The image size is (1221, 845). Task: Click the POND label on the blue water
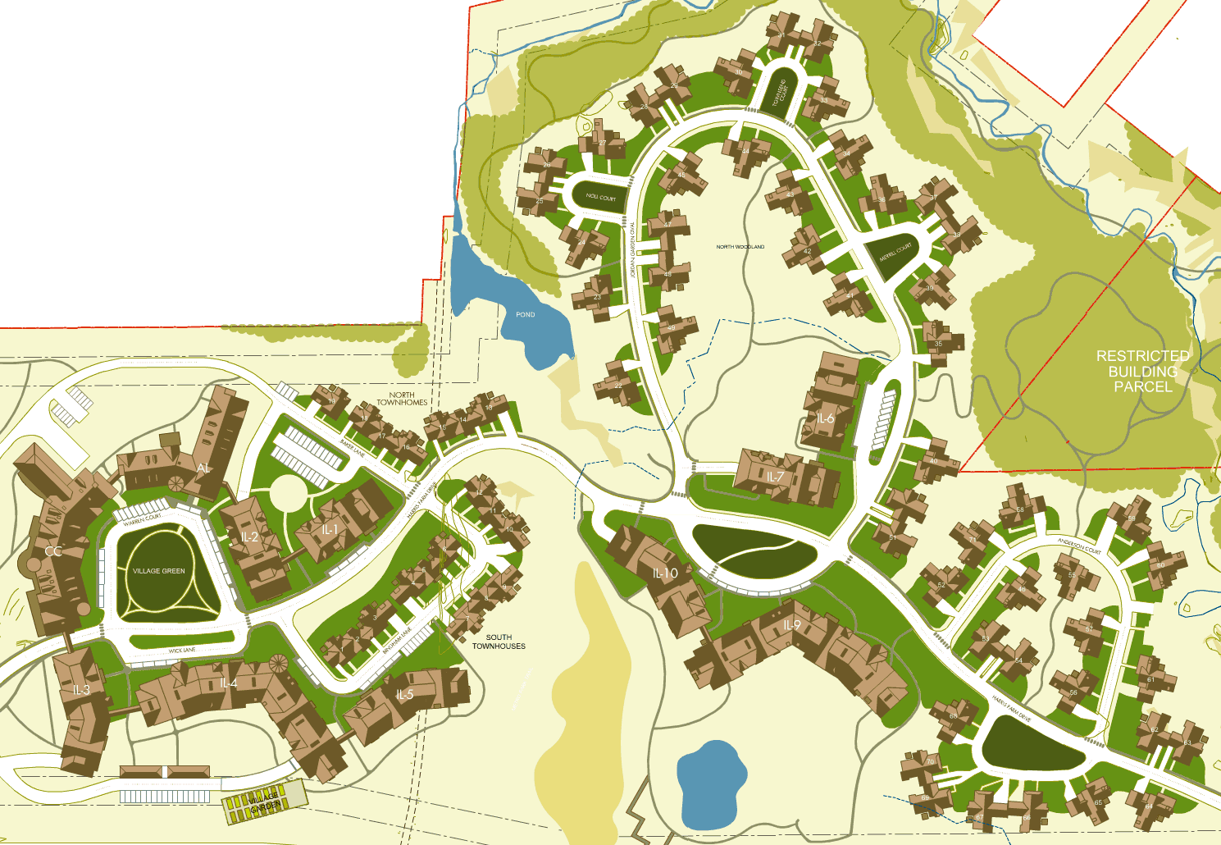(526, 314)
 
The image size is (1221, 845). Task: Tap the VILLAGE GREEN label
(159, 571)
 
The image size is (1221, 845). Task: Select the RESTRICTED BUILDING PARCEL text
(1142, 371)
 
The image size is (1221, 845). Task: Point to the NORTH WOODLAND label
(740, 247)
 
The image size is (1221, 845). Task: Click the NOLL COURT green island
(600, 198)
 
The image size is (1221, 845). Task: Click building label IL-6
(825, 418)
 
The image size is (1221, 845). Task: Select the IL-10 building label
(665, 573)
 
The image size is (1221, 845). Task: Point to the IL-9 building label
(790, 625)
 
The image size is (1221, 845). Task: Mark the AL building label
(203, 468)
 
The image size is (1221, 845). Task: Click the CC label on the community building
(52, 551)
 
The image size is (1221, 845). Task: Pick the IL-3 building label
(80, 690)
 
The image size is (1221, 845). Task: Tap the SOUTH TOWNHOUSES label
(499, 642)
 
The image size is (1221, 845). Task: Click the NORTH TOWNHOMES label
(402, 399)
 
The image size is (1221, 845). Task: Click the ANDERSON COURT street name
(1079, 546)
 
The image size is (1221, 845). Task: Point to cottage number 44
(745, 151)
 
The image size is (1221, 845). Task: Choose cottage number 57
(1089, 628)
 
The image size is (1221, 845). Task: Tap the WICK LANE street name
(182, 651)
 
